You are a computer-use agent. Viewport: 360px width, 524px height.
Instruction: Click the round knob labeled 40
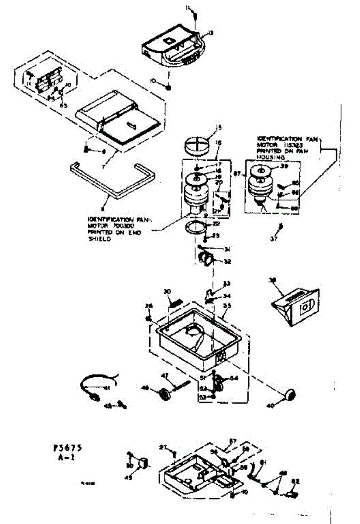pyautogui.click(x=289, y=394)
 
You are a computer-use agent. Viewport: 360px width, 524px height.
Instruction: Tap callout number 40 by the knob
pyautogui.click(x=270, y=406)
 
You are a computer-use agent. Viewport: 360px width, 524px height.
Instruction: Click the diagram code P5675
pyautogui.click(x=66, y=448)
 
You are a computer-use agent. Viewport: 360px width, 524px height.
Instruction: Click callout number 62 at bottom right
pyautogui.click(x=295, y=482)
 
